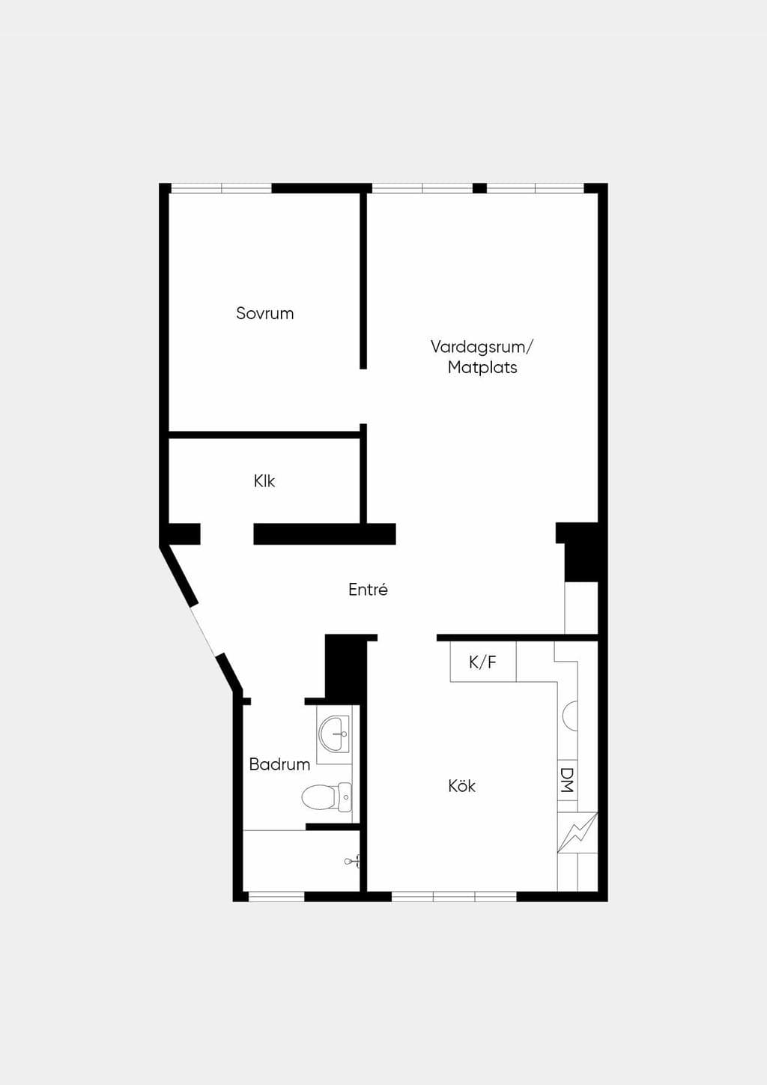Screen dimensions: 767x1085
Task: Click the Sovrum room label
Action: click(265, 313)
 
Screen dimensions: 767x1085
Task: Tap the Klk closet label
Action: click(264, 481)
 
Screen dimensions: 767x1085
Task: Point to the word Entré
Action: click(368, 589)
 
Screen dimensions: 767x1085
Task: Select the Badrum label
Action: click(279, 764)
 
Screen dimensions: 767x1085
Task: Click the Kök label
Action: click(462, 786)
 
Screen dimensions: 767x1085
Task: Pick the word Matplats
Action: click(482, 368)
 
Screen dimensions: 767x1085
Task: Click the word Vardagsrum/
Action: click(482, 347)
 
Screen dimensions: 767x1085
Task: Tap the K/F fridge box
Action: click(483, 662)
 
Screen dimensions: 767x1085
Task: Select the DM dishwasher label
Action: click(566, 780)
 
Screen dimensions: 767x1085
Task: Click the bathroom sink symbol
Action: click(334, 734)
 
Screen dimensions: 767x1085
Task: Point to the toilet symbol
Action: click(327, 797)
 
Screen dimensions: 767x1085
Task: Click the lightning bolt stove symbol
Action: click(577, 832)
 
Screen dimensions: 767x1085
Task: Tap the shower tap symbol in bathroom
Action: click(352, 861)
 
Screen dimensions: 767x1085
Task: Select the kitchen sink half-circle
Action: click(570, 716)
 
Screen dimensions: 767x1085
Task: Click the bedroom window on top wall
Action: click(221, 188)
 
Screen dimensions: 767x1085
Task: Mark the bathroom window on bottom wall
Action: click(276, 897)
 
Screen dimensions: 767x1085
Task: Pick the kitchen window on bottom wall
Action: click(454, 897)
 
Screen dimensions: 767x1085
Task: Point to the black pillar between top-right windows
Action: click(479, 188)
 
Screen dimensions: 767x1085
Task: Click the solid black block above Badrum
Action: click(346, 668)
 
